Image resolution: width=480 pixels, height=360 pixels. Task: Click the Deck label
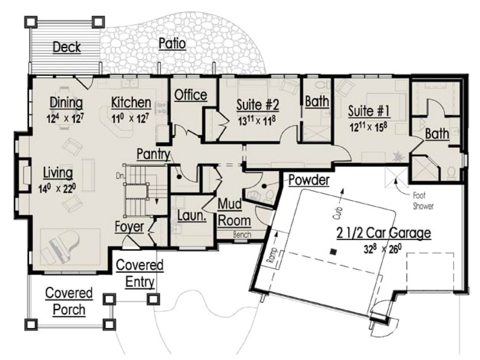click(x=67, y=47)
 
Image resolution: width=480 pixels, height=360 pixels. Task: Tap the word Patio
click(x=172, y=44)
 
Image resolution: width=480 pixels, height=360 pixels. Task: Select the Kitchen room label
click(x=131, y=103)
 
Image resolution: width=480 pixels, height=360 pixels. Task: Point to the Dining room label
click(x=67, y=103)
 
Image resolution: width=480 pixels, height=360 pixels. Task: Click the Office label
click(x=191, y=95)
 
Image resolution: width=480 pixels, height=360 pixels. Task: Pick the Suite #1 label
click(x=369, y=111)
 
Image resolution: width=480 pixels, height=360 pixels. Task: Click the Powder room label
click(x=308, y=180)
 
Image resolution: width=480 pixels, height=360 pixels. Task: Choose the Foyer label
click(x=129, y=227)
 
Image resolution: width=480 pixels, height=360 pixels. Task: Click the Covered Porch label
click(x=69, y=301)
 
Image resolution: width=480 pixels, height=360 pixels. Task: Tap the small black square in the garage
click(x=332, y=251)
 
